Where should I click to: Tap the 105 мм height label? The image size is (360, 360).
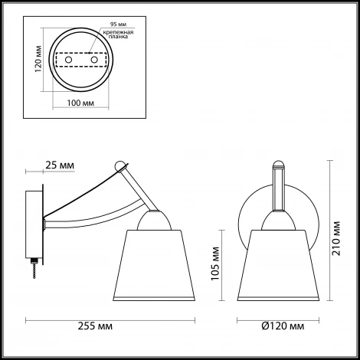point(216,265)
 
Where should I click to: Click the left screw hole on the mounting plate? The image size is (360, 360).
point(67,60)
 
